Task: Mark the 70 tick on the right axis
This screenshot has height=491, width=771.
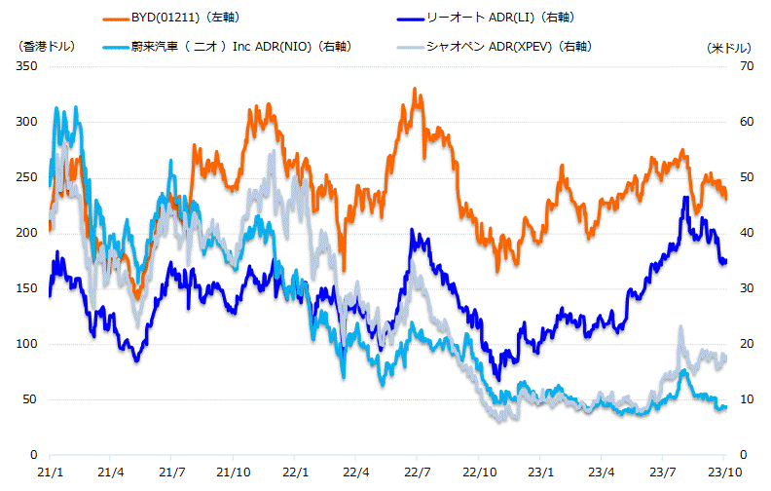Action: tap(736, 66)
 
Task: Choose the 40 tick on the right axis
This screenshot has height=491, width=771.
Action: tap(736, 233)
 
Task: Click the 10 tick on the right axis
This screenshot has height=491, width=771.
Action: tap(736, 399)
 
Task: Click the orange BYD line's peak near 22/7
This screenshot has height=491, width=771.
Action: tap(415, 90)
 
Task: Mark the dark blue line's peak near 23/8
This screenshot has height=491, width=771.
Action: tap(686, 199)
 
